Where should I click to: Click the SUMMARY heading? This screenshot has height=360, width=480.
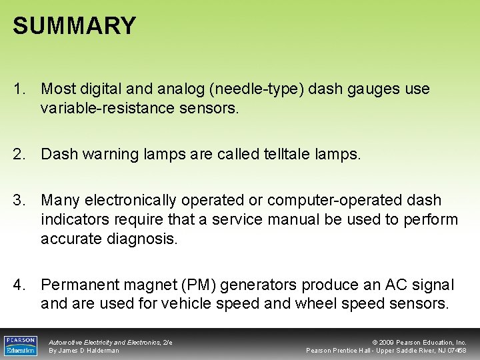click(x=74, y=26)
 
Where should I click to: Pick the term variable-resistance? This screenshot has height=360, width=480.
click(x=100, y=108)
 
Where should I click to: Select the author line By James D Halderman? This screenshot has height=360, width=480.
click(x=84, y=351)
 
